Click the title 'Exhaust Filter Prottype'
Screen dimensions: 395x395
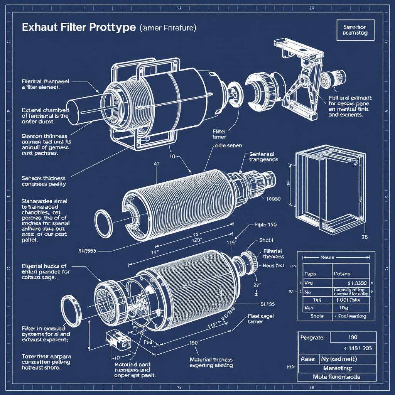pos(78,28)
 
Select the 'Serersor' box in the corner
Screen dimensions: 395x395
pos(355,30)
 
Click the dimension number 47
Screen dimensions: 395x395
pos(156,164)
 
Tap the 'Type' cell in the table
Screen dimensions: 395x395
pos(311,273)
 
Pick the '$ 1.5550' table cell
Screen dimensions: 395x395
pos(352,283)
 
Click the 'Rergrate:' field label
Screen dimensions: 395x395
pos(312,338)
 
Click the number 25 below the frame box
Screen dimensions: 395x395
pos(365,237)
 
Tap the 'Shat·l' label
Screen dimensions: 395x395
pos(266,240)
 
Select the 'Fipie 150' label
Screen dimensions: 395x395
pos(265,225)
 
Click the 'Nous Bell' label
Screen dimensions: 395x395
pos(273,265)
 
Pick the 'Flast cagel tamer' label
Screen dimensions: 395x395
pos(261,318)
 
